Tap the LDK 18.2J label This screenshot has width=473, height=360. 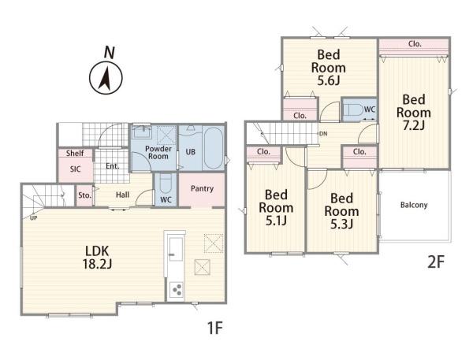pyautogui.click(x=97, y=258)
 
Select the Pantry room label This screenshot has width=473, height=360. pyautogui.click(x=202, y=189)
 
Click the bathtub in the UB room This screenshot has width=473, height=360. pyautogui.click(x=214, y=148)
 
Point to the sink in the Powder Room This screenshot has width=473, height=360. pyautogui.click(x=142, y=132)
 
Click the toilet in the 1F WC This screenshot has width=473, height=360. pyautogui.click(x=166, y=184)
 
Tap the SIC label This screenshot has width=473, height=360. pyautogui.click(x=75, y=169)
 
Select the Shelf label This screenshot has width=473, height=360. pyautogui.click(x=75, y=153)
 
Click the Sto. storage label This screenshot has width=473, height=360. pyautogui.click(x=84, y=195)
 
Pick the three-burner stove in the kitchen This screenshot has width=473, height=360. pyautogui.click(x=176, y=290)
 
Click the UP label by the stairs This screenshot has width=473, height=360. pyautogui.click(x=33, y=217)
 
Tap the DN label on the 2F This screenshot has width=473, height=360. pyautogui.click(x=323, y=134)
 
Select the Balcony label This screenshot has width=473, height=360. pyautogui.click(x=414, y=205)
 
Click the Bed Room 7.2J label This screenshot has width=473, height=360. pyautogui.click(x=414, y=112)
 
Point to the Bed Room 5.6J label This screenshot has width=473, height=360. pyautogui.click(x=329, y=68)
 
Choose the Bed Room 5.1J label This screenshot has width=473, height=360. pyautogui.click(x=276, y=207)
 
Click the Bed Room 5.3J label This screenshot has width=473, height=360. pyautogui.click(x=341, y=211)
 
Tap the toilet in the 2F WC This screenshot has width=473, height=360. pyautogui.click(x=353, y=109)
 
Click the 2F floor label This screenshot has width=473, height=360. pyautogui.click(x=436, y=262)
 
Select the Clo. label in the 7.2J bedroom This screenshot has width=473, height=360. pyautogui.click(x=415, y=43)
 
